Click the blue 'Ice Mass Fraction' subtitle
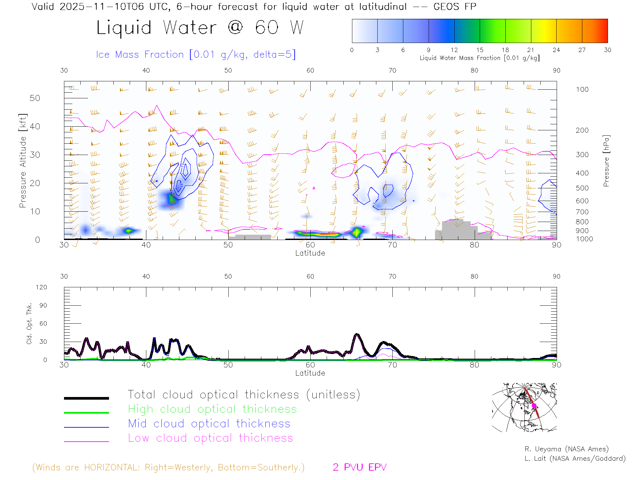coord(196,54)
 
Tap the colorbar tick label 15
coord(480,50)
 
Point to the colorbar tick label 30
coord(607,50)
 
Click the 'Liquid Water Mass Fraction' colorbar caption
coord(479,58)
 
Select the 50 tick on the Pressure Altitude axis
coord(35,98)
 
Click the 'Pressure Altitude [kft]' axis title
coord(23,161)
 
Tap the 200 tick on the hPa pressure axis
coord(582,130)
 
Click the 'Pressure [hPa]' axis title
coord(606,161)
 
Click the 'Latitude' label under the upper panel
coord(310,253)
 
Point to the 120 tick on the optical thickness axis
coord(42,287)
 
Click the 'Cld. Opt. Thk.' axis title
coord(29,323)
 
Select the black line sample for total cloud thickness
coord(86,398)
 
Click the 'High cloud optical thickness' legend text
coord(212,409)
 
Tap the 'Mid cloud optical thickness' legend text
coord(209,424)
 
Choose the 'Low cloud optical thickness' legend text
coord(210,438)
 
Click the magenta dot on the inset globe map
coord(534,406)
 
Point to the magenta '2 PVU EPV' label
coord(359,467)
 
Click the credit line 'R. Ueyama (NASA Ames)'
coord(566,449)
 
